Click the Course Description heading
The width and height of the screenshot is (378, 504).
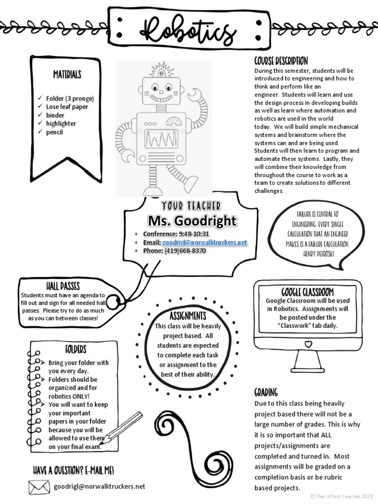281,61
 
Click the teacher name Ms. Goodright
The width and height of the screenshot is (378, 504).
192,221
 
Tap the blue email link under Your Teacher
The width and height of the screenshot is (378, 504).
204,243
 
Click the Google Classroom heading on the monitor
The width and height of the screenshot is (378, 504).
307,291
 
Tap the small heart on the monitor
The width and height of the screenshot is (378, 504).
308,344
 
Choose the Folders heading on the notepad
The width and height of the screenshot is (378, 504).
75,349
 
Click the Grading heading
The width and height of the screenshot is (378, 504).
266,392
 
